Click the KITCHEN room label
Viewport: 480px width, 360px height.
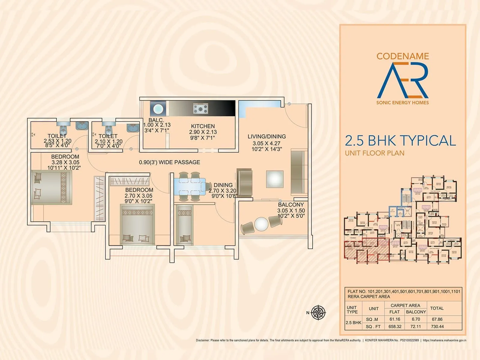(x=203, y=126)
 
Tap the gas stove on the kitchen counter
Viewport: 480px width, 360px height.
(x=200, y=108)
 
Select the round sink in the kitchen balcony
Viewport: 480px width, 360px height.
(x=158, y=109)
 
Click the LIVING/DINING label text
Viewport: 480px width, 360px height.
(x=266, y=136)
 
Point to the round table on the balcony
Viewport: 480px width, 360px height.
(x=261, y=224)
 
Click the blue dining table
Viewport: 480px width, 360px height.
(x=190, y=186)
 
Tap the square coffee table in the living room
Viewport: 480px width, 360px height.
(x=274, y=179)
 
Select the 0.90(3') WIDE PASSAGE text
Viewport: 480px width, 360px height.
(x=169, y=162)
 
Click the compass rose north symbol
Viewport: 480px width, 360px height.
(x=318, y=313)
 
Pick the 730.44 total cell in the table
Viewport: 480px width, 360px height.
(x=437, y=326)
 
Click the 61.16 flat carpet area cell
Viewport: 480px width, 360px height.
(x=395, y=319)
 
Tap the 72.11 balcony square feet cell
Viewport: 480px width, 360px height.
(x=415, y=326)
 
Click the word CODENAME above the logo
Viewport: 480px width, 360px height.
(x=403, y=56)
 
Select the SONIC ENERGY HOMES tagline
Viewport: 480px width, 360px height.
(x=403, y=103)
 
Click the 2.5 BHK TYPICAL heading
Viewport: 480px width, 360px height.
(x=400, y=140)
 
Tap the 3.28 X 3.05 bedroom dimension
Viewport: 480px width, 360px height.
(x=65, y=162)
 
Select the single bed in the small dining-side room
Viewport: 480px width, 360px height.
(x=184, y=225)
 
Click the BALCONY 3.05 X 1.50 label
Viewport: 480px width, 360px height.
(x=291, y=205)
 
